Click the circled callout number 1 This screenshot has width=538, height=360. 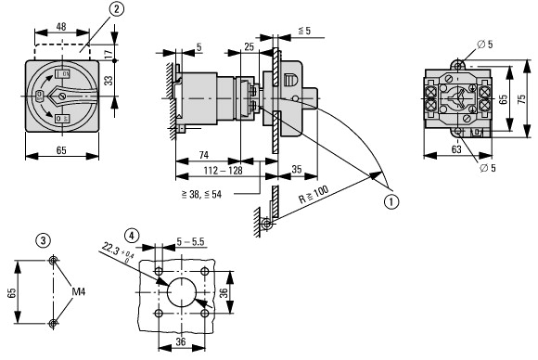[x=391, y=201]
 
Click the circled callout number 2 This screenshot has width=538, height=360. [x=117, y=9]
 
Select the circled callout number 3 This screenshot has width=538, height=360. [x=44, y=240]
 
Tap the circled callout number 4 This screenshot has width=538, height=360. [x=132, y=236]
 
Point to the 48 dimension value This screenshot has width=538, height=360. [x=61, y=26]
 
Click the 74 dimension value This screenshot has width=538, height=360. [x=204, y=155]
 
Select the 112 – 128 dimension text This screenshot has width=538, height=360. [x=224, y=170]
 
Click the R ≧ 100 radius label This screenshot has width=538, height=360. [x=314, y=195]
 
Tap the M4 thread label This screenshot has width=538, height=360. [x=79, y=291]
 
